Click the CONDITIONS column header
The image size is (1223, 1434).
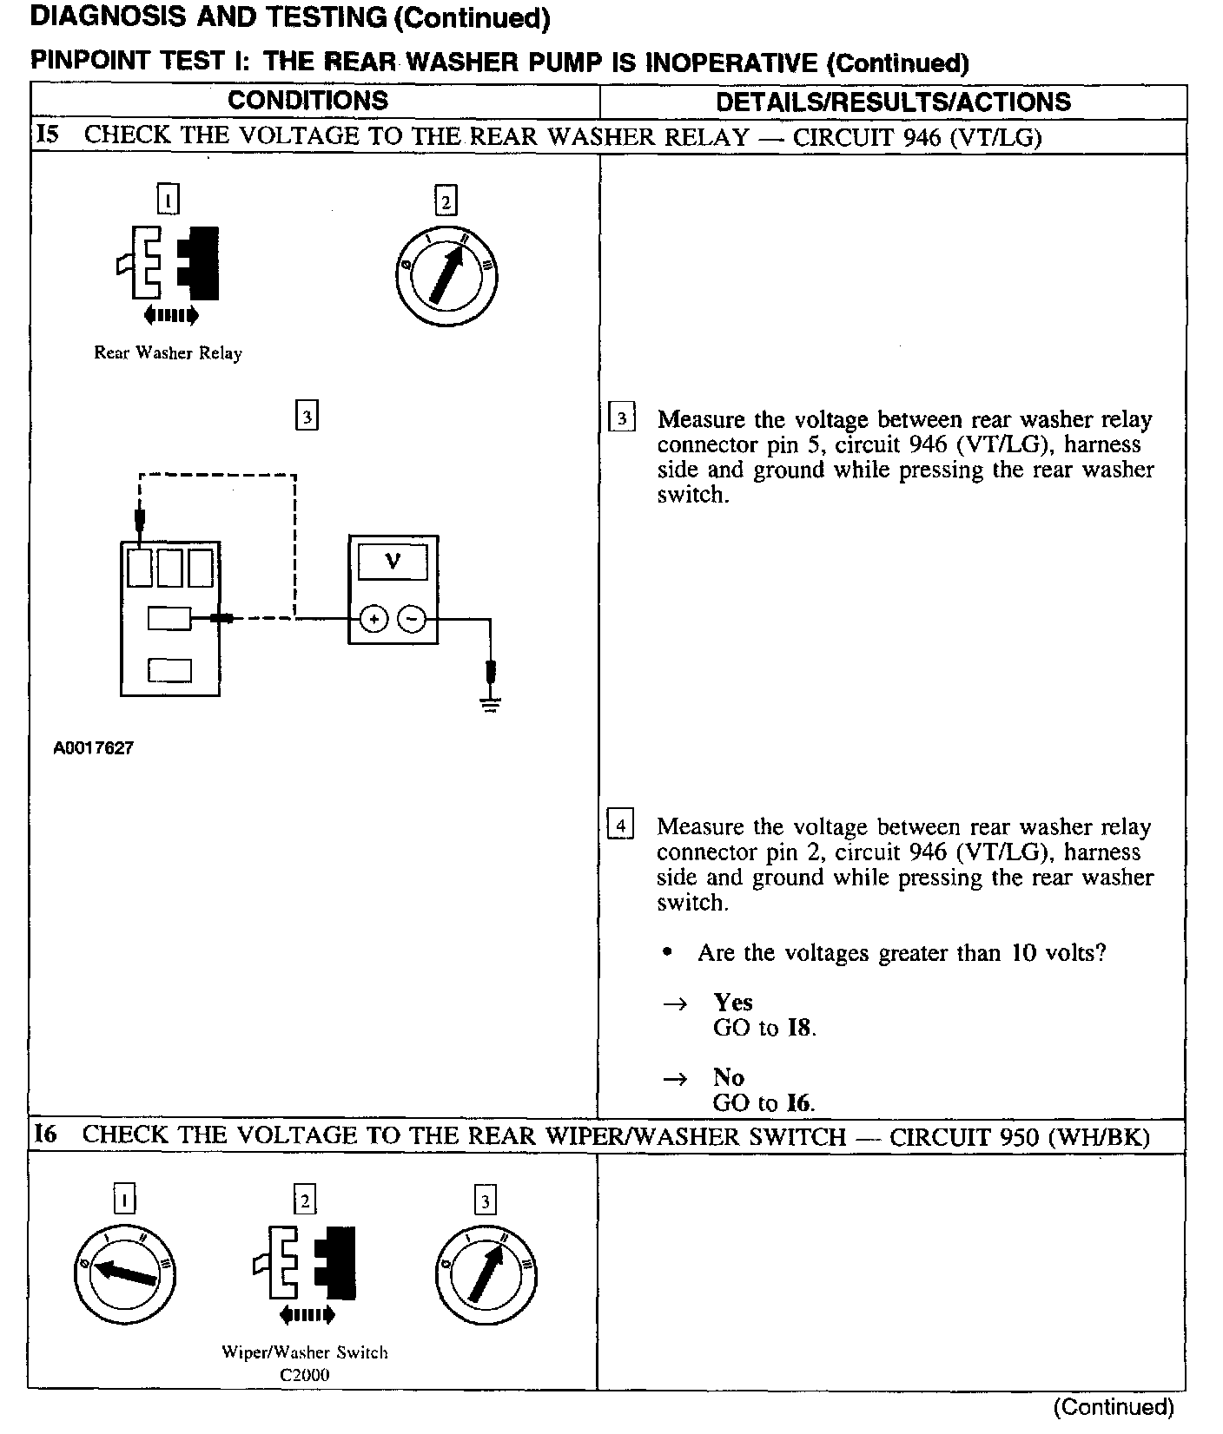click(307, 101)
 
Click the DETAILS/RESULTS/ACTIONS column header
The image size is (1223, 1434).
click(893, 102)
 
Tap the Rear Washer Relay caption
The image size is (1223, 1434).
click(168, 353)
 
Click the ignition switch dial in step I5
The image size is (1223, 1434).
click(446, 276)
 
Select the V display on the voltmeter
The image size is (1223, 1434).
click(393, 562)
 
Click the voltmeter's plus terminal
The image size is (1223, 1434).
click(374, 619)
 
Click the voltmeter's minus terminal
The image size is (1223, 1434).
click(412, 619)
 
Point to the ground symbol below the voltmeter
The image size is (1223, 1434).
click(491, 703)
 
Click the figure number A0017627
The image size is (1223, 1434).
click(94, 747)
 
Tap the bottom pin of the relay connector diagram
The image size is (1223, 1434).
click(169, 670)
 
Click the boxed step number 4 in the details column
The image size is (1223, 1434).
click(620, 824)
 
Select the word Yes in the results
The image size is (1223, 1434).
click(733, 1003)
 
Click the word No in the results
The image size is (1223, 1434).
click(729, 1077)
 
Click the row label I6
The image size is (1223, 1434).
click(47, 1135)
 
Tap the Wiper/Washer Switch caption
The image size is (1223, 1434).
click(305, 1352)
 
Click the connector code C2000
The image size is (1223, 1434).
click(305, 1375)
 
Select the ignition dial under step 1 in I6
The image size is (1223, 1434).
click(126, 1273)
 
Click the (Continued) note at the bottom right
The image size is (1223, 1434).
click(1113, 1407)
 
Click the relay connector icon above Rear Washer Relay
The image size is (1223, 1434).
click(168, 263)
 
